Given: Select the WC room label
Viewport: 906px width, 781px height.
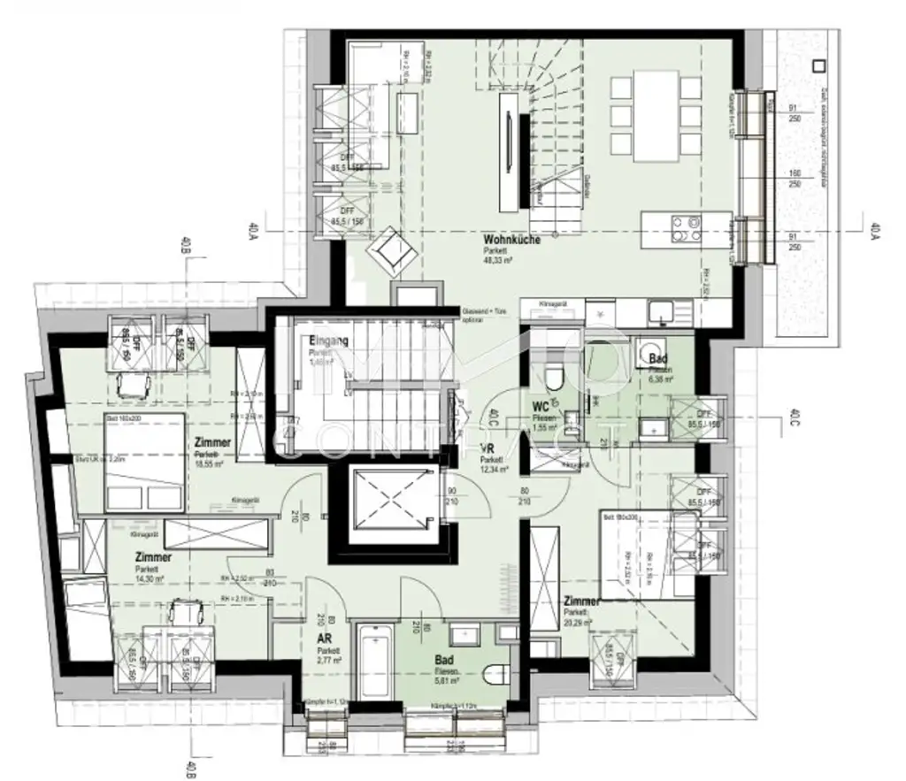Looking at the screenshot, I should pyautogui.click(x=541, y=408).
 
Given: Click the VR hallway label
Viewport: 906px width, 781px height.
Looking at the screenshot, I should pyautogui.click(x=486, y=448).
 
